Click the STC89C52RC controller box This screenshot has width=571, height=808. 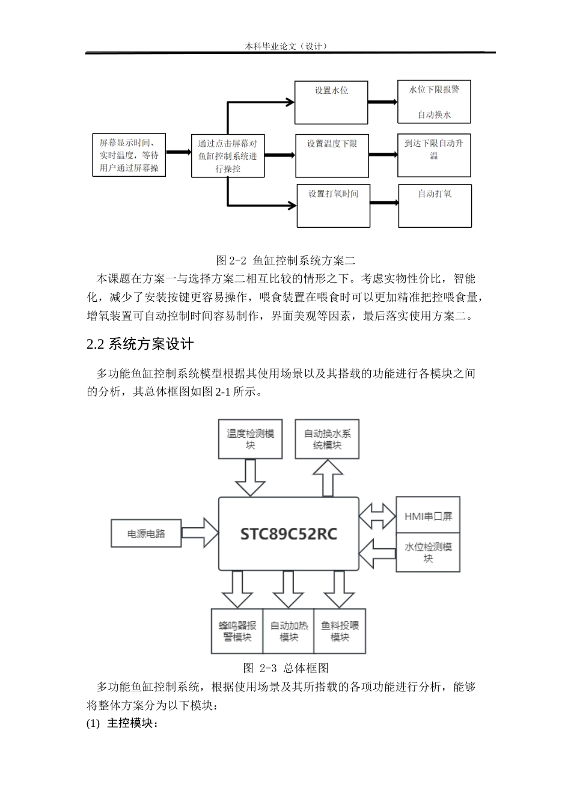(289, 533)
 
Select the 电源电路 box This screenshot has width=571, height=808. (146, 533)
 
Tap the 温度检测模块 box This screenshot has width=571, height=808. (251, 439)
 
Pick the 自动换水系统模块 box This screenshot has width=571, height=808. (327, 439)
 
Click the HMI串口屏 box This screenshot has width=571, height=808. (428, 516)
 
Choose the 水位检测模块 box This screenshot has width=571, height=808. (428, 552)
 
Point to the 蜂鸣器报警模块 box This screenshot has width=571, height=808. (237, 631)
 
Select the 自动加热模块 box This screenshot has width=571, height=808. (289, 631)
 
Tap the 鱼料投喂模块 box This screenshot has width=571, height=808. (340, 631)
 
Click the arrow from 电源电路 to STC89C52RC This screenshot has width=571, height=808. (200, 533)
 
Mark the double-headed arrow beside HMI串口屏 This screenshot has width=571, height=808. (377, 516)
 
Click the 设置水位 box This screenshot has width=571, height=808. (331, 102)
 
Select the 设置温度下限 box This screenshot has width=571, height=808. (332, 155)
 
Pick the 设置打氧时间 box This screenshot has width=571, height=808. (334, 206)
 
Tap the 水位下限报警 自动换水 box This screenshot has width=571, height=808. (434, 102)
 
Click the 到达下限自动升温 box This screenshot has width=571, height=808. (434, 155)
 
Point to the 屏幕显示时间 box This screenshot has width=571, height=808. (129, 155)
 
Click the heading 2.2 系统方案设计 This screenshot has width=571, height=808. (140, 344)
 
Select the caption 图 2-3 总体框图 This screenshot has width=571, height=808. (285, 668)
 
